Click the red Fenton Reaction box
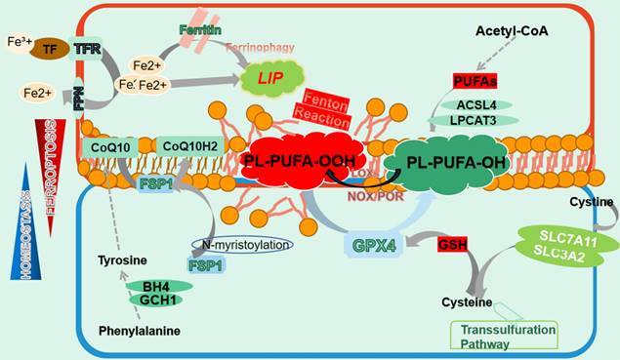327,104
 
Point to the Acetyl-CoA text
514,32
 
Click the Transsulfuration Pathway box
504,336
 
